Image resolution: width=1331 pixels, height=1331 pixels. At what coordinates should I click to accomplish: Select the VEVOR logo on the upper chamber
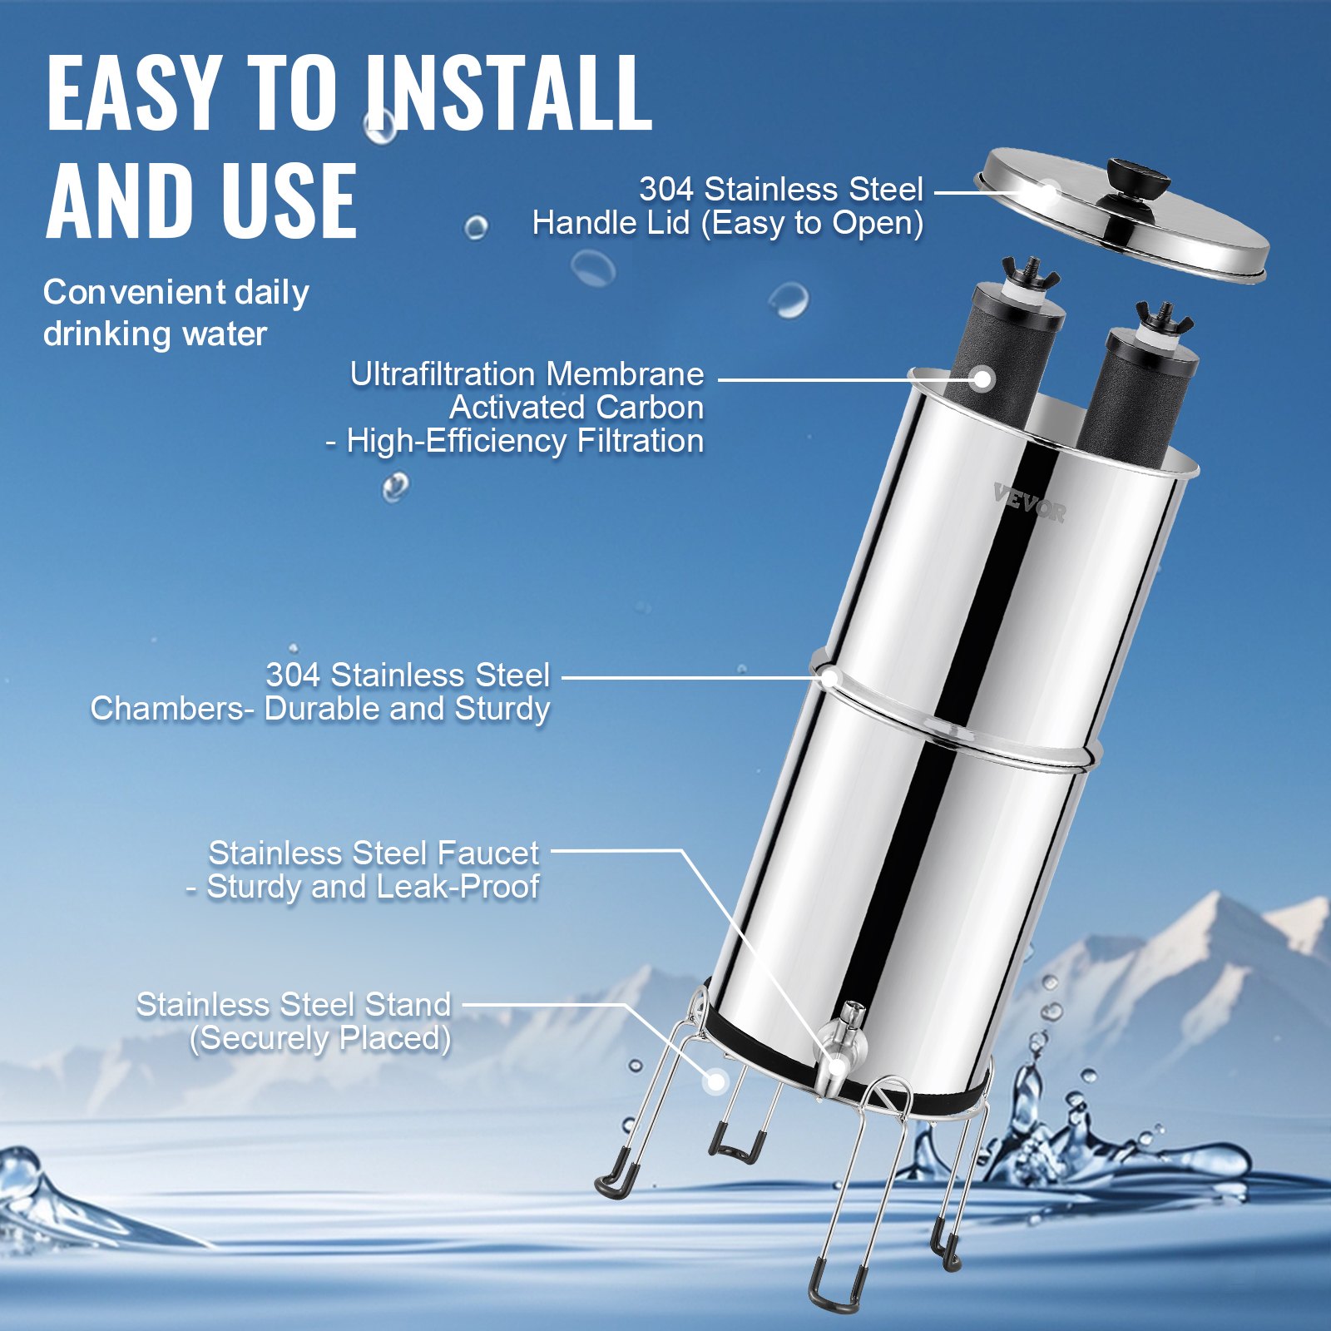pyautogui.click(x=1029, y=502)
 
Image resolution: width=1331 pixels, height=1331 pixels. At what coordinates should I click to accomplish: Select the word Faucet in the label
pyautogui.click(x=488, y=854)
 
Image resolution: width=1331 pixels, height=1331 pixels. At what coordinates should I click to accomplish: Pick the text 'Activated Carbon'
pyautogui.click(x=576, y=408)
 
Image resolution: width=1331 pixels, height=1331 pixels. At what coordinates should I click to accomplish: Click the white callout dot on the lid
pyautogui.click(x=1049, y=193)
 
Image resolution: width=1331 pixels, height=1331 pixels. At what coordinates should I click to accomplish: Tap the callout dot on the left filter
pyautogui.click(x=983, y=379)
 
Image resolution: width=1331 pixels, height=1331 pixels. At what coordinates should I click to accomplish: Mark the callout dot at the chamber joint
pyautogui.click(x=829, y=678)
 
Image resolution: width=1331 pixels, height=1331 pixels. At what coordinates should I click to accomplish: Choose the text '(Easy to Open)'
pyautogui.click(x=812, y=223)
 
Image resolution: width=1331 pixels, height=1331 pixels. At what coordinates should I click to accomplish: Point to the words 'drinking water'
pyautogui.click(x=155, y=334)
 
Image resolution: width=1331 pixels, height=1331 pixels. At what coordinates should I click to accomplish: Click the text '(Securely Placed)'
pyautogui.click(x=320, y=1038)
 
